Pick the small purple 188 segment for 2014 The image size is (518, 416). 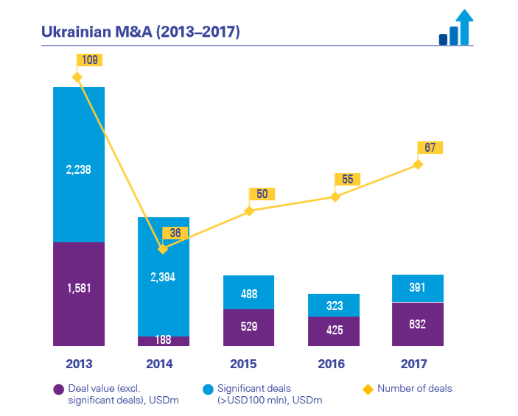pyautogui.click(x=163, y=341)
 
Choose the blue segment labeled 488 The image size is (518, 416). pyautogui.click(x=248, y=292)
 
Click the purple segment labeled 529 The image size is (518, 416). pyautogui.click(x=248, y=327)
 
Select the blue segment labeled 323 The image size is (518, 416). pyautogui.click(x=334, y=305)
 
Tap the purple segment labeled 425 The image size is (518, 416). pyautogui.click(x=334, y=331)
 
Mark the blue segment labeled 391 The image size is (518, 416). pyautogui.click(x=418, y=288)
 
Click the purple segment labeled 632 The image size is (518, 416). pyautogui.click(x=418, y=324)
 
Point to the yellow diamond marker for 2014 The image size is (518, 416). pyautogui.click(x=163, y=250)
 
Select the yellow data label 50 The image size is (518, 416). pyautogui.click(x=261, y=194)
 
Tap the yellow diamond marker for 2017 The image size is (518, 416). pyautogui.click(x=418, y=164)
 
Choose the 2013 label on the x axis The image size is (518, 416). pyautogui.click(x=78, y=364)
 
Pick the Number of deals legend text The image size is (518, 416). pyautogui.click(x=414, y=388)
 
